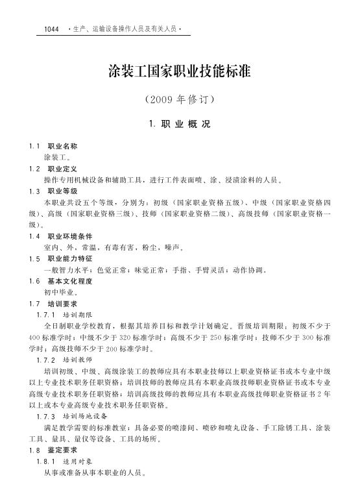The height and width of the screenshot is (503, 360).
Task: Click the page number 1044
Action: tap(51, 30)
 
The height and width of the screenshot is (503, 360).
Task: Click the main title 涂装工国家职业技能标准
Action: tap(179, 71)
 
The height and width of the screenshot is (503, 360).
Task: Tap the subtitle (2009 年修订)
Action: tap(179, 101)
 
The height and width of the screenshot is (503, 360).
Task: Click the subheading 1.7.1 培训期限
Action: tap(65, 314)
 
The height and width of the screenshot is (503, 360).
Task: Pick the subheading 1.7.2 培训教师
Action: tap(65, 359)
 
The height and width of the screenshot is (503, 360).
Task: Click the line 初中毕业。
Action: tap(62, 292)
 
